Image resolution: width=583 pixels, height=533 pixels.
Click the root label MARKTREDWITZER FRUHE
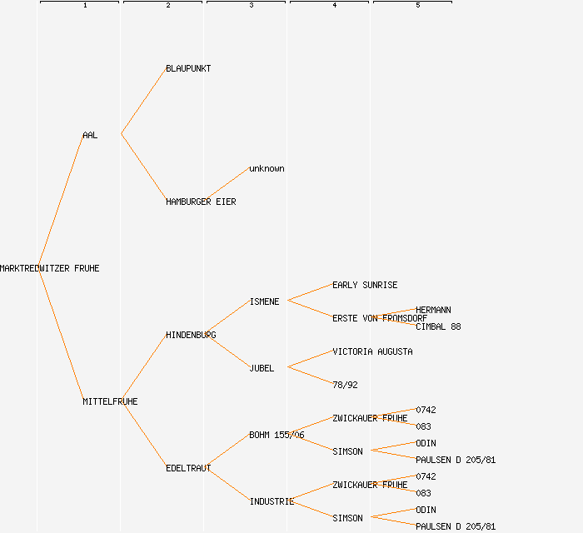point(50,268)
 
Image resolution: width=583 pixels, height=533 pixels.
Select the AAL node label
point(90,135)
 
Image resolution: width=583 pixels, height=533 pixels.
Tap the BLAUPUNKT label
point(188,68)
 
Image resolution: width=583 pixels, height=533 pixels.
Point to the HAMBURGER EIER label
point(201,202)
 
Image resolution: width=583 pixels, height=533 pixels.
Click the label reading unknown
point(267,168)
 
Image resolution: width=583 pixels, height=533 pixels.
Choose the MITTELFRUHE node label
point(110,401)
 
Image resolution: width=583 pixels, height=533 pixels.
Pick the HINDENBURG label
point(191,335)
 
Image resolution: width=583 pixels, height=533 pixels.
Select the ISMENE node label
point(264,301)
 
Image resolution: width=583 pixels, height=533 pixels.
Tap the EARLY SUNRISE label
point(365,285)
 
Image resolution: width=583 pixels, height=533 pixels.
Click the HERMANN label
point(433,310)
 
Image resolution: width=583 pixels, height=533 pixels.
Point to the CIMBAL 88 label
point(438,326)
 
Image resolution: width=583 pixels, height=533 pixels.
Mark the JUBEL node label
point(262,368)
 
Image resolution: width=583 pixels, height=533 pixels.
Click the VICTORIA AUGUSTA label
point(372,351)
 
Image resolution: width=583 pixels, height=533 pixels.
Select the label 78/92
point(345,385)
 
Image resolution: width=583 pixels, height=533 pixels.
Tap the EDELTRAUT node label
point(188,468)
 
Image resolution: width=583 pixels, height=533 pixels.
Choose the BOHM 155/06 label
point(277,435)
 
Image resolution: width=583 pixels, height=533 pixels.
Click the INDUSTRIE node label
point(272,501)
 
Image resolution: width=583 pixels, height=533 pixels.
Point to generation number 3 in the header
point(251,6)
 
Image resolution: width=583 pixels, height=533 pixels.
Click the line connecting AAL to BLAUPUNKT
point(143,102)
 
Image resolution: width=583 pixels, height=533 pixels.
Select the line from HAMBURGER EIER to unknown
point(227,185)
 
